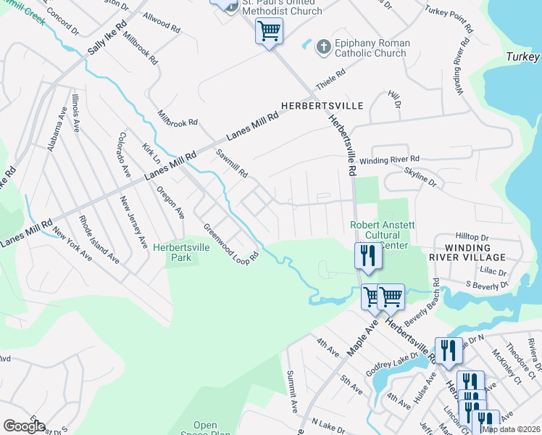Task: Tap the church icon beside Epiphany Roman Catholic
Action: [323, 48]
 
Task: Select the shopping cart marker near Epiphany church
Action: [269, 32]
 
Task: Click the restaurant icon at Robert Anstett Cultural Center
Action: [367, 256]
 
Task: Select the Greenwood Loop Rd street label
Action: [231, 243]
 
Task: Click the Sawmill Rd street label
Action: [232, 164]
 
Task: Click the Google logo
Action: [24, 426]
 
